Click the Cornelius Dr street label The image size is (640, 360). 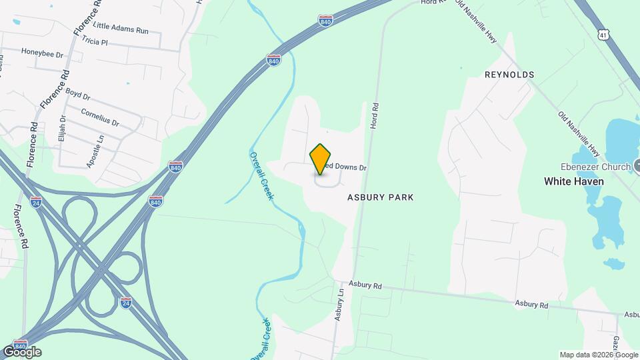coord(99,117)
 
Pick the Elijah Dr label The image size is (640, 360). coord(62,127)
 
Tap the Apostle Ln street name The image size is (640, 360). coord(92,151)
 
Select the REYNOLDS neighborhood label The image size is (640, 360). coord(509,75)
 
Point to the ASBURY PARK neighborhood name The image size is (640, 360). coord(380,197)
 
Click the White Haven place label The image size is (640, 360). coord(573,181)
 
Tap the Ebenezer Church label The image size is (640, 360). coord(595,167)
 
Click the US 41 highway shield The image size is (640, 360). coord(603,33)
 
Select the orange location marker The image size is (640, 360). coord(321,159)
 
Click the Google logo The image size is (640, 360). coord(22,351)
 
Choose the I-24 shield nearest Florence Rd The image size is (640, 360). coord(36,201)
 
